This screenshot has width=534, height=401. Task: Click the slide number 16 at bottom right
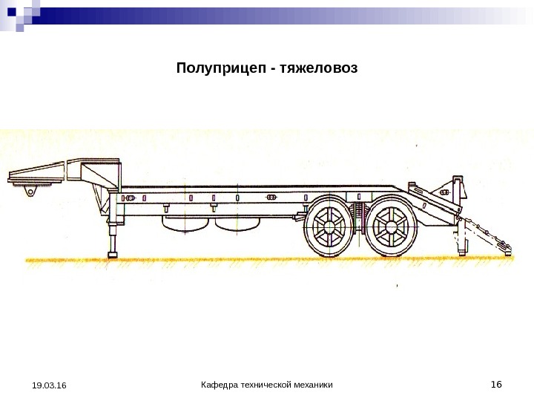(496, 384)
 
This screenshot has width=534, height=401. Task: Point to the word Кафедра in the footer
(220, 385)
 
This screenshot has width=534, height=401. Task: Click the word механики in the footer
(311, 385)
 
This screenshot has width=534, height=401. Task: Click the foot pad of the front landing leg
(113, 255)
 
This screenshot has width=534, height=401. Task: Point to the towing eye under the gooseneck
(31, 193)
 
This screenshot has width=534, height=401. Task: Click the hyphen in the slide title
(275, 70)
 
